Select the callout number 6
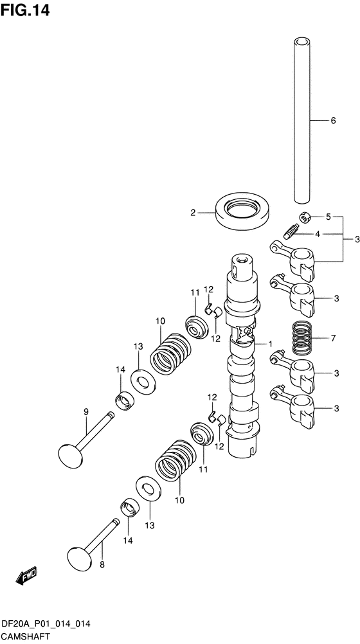point(333,121)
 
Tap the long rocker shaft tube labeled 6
point(302,122)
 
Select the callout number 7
point(333,337)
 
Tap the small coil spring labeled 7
point(300,337)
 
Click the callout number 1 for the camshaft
point(271,344)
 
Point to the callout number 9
point(85,412)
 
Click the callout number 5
point(328,217)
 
